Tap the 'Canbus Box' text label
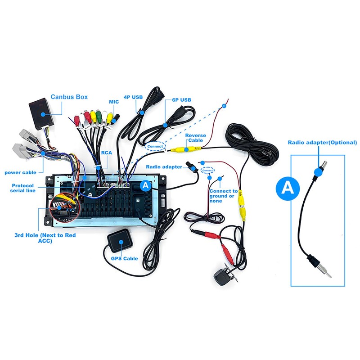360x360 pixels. point(69,97)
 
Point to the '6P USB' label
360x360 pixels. point(181,100)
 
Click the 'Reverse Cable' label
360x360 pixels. point(196,138)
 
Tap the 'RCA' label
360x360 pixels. point(106,153)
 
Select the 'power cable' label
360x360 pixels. point(20,172)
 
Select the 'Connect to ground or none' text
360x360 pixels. point(223,196)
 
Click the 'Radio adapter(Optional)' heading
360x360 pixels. point(322,143)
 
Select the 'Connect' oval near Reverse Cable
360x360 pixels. point(155,146)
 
